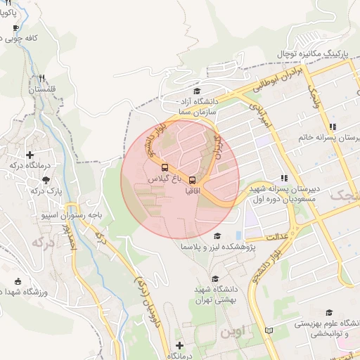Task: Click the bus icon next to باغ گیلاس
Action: pyautogui.click(x=165, y=168)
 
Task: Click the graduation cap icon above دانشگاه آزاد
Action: pyautogui.click(x=197, y=91)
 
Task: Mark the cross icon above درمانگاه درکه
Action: pyautogui.click(x=30, y=155)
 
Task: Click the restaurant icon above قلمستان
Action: pyautogui.click(x=42, y=79)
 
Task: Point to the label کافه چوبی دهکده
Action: pyautogui.click(x=42, y=38)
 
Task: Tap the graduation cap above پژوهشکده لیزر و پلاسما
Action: pyautogui.click(x=217, y=236)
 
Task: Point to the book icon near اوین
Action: pyautogui.click(x=268, y=330)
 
